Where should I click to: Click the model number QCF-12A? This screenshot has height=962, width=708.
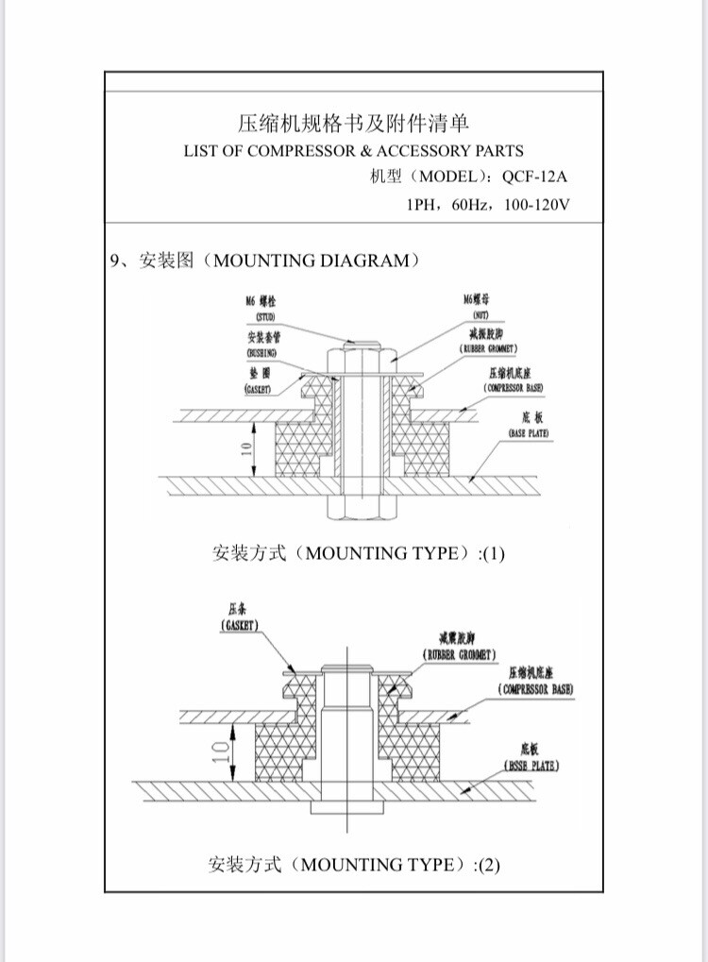point(538,177)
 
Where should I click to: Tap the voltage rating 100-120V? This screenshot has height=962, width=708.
point(537,204)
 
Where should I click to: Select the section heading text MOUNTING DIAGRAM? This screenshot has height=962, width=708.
point(312,261)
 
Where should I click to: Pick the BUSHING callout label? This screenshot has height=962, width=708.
point(261,352)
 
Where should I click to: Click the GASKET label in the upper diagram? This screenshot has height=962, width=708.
point(259,388)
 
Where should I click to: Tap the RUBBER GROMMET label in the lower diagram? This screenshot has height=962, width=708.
point(459,654)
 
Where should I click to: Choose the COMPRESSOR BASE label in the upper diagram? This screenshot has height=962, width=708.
point(514,388)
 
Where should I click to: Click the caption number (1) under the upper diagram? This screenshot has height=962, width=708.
point(494,554)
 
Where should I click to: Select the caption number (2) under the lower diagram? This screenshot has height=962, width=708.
point(488,864)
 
